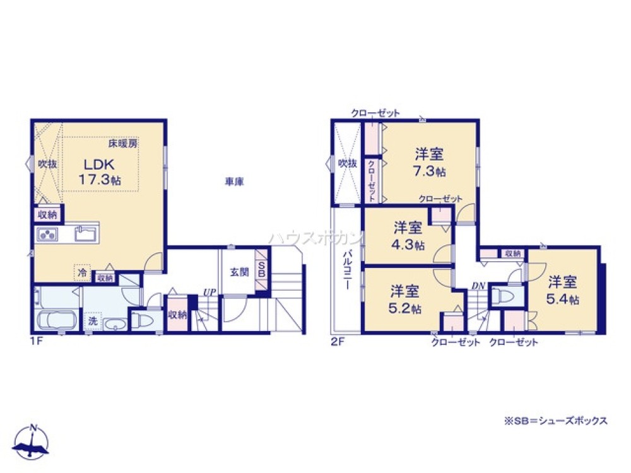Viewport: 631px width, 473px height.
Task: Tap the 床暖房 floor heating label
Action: point(123,144)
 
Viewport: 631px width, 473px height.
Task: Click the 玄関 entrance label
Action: point(239,272)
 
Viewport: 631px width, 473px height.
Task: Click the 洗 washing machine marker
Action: point(93,320)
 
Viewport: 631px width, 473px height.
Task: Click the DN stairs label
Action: point(478,286)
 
